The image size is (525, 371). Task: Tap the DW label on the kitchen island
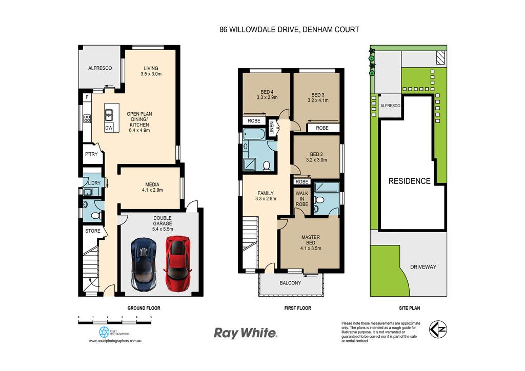[x=109, y=128]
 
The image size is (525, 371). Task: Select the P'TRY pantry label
[x=91, y=154]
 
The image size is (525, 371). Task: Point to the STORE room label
[x=93, y=231]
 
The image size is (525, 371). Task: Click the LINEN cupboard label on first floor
[x=272, y=128]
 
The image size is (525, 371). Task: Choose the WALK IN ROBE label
[x=302, y=199]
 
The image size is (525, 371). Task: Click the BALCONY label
[x=290, y=283]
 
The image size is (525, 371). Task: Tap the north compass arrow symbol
[x=438, y=329]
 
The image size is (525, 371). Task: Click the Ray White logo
[x=246, y=333]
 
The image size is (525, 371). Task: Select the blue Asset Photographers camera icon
[x=104, y=332]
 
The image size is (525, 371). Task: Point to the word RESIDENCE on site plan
[x=409, y=181]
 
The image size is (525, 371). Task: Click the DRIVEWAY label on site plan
[x=423, y=267]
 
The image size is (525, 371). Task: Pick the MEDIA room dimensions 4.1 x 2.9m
[x=152, y=190]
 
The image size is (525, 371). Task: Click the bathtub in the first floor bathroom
[x=254, y=134]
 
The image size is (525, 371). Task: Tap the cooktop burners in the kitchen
[x=87, y=118]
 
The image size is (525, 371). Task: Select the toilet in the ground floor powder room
[x=96, y=215]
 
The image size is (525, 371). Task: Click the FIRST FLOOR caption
[x=298, y=308]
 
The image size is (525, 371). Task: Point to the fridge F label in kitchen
[x=87, y=97]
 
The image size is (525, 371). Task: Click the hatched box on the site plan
[x=440, y=57]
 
